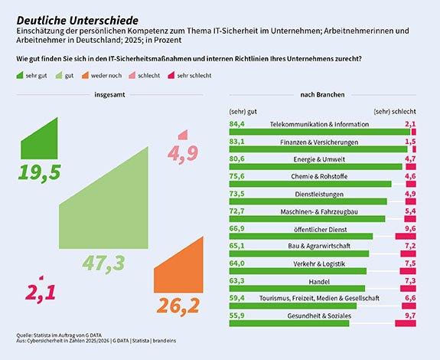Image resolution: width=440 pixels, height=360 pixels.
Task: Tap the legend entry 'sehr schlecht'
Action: pos(194,77)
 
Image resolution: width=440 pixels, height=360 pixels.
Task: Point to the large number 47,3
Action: pos(104,263)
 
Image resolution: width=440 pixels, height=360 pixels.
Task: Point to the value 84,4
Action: pos(236,123)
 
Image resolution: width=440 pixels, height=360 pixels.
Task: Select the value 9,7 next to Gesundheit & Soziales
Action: pos(409,315)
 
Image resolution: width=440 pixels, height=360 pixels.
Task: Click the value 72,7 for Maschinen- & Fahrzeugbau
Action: pos(236,211)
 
